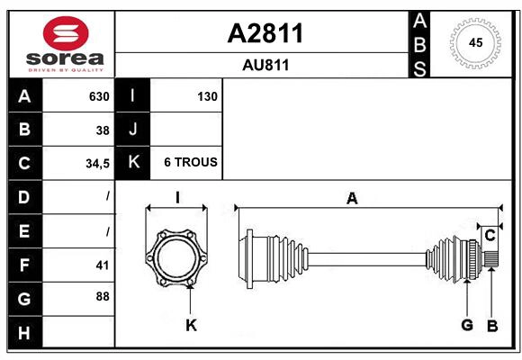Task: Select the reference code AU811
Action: pyautogui.click(x=265, y=65)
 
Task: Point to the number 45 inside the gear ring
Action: pyautogui.click(x=474, y=41)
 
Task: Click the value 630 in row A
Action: pyautogui.click(x=98, y=96)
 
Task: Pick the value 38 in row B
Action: pyautogui.click(x=102, y=130)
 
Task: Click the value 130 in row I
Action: pyautogui.click(x=207, y=96)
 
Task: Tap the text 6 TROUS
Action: pyautogui.click(x=190, y=163)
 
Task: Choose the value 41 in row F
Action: pyautogui.click(x=102, y=265)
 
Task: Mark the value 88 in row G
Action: pyautogui.click(x=102, y=296)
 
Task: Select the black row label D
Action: pyautogui.click(x=23, y=196)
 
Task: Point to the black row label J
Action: pyautogui.click(x=132, y=130)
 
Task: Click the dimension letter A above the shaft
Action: pyautogui.click(x=352, y=198)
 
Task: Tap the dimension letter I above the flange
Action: pyautogui.click(x=177, y=198)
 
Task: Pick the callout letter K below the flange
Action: pyautogui.click(x=190, y=325)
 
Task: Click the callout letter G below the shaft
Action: pyautogui.click(x=466, y=325)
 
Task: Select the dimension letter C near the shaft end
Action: pyautogui.click(x=490, y=235)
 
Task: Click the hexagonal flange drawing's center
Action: pyautogui.click(x=177, y=256)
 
